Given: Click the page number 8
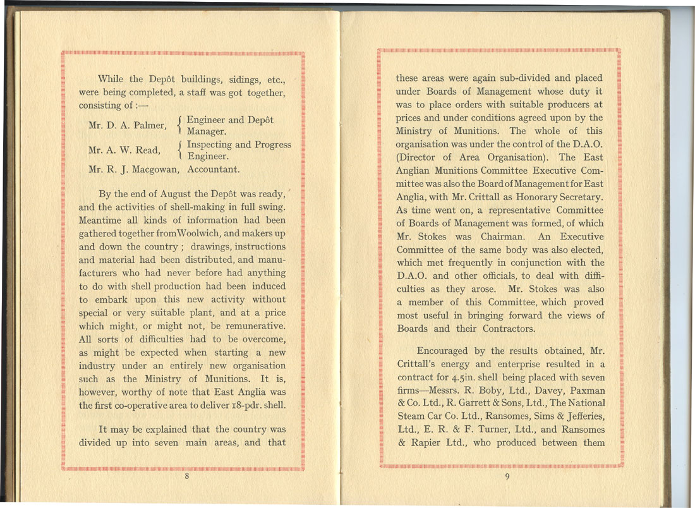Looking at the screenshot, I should coord(187,477).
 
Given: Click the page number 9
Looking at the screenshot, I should coord(507,477).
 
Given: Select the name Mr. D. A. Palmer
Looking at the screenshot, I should coord(127,126).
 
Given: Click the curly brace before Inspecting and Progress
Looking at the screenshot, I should coord(182,150).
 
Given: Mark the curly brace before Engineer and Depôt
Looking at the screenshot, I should coord(182,126).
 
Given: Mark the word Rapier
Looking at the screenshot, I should coord(430,443).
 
